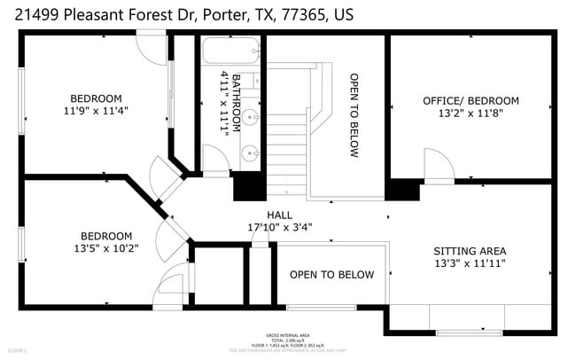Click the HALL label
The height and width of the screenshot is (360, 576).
point(279,215)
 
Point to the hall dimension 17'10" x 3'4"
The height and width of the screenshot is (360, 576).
point(279,226)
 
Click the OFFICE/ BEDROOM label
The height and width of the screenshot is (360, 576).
point(471,101)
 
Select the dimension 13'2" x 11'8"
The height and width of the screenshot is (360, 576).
point(471,113)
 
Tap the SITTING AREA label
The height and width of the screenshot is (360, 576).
point(470,251)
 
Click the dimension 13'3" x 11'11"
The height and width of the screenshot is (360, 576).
point(470,263)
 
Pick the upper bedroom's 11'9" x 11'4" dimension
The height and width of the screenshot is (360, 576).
point(97,111)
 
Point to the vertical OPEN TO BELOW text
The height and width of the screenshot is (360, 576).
point(354,115)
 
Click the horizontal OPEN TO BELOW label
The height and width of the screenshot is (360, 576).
point(331,275)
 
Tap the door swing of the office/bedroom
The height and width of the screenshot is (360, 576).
point(438,166)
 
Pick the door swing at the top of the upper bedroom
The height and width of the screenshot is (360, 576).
point(152,48)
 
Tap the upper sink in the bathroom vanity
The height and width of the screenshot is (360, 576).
point(252,116)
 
